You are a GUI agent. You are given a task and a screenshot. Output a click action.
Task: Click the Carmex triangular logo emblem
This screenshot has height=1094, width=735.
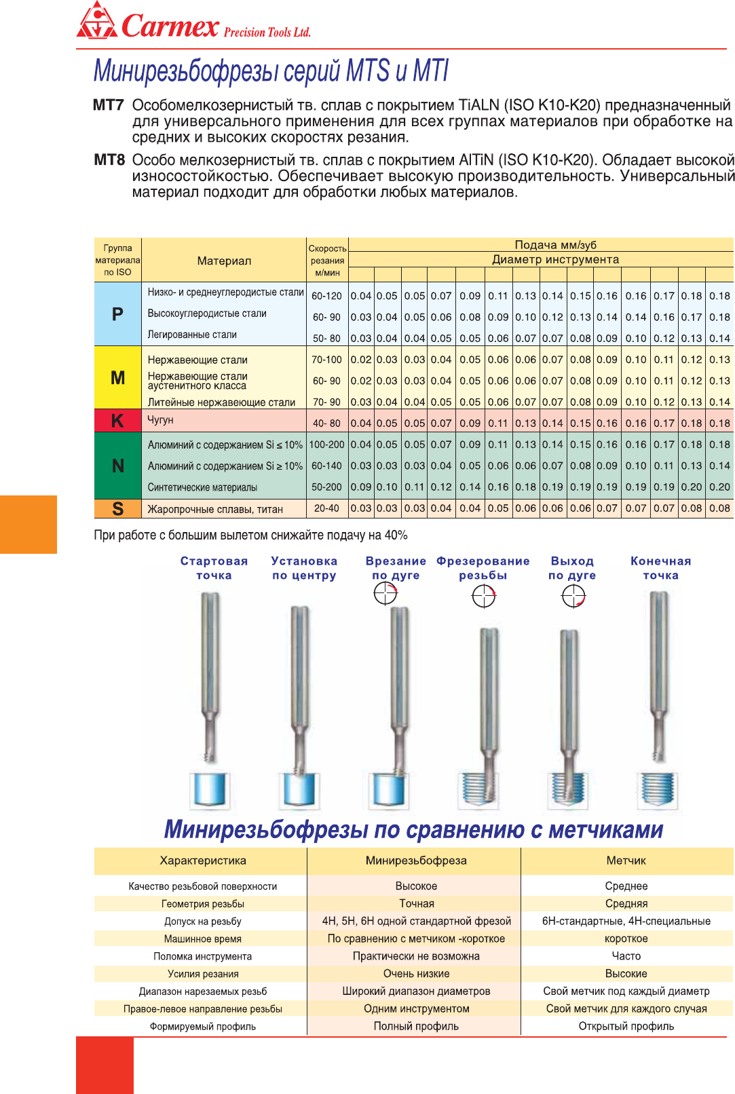pyautogui.click(x=97, y=21)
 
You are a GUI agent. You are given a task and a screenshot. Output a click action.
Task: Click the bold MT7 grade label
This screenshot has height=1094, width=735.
pyautogui.click(x=109, y=105)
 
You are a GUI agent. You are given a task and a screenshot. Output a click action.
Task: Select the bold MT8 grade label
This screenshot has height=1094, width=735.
pyautogui.click(x=109, y=160)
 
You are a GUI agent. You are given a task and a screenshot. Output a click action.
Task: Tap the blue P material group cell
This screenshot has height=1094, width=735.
pyautogui.click(x=117, y=314)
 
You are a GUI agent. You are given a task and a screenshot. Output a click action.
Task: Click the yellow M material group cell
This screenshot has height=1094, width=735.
pyautogui.click(x=117, y=378)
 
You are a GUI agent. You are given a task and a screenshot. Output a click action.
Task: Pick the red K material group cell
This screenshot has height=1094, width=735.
pyautogui.click(x=117, y=421)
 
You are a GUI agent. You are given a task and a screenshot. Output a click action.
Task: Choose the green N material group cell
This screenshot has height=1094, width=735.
pyautogui.click(x=117, y=466)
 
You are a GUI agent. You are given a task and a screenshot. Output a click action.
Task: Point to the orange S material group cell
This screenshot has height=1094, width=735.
pyautogui.click(x=117, y=508)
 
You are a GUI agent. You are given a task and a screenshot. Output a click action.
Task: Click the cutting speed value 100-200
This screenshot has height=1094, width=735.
pyautogui.click(x=326, y=445)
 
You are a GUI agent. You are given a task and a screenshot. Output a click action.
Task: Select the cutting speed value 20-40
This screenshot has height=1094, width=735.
pyautogui.click(x=326, y=508)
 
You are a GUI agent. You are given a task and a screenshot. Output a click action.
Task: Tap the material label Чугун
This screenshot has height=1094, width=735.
pyautogui.click(x=161, y=420)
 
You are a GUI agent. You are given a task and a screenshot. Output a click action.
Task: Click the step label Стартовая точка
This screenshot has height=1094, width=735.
pyautogui.click(x=214, y=568)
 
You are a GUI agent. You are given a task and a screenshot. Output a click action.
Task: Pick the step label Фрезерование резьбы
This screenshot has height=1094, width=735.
pyautogui.click(x=483, y=568)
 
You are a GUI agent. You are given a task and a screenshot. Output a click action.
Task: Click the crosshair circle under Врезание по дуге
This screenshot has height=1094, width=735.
pyautogui.click(x=385, y=593)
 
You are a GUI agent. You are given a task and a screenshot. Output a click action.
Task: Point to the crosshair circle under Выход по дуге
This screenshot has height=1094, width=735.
pyautogui.click(x=573, y=597)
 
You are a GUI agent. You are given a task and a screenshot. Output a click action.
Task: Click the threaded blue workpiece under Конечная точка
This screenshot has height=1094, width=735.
pyautogui.click(x=658, y=791)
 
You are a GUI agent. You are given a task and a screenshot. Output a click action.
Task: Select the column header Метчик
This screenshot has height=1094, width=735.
pyautogui.click(x=626, y=861)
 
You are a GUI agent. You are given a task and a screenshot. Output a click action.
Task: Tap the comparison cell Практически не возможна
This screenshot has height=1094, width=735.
pyautogui.click(x=416, y=956)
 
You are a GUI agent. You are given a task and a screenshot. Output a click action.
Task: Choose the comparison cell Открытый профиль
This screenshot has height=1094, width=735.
pyautogui.click(x=626, y=1026)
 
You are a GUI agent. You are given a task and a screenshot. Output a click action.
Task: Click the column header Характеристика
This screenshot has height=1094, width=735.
pyautogui.click(x=203, y=861)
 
